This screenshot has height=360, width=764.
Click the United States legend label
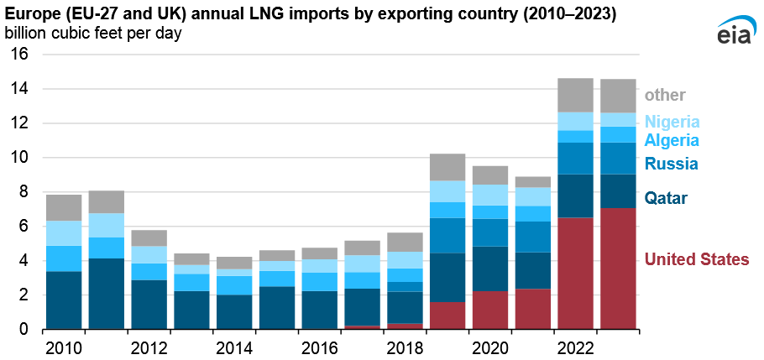696,260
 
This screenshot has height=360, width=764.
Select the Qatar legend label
666,199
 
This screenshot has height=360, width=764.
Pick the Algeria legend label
672,140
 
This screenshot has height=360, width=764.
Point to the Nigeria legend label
672,122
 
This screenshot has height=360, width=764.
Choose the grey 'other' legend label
665,96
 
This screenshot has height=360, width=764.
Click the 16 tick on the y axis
19,55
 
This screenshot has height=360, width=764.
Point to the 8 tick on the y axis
24,192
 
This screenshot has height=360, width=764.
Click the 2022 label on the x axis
577,347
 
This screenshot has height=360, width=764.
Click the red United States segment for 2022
576,274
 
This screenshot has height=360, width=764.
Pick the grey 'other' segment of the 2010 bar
63,207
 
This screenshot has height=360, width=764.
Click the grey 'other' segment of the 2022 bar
576,95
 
